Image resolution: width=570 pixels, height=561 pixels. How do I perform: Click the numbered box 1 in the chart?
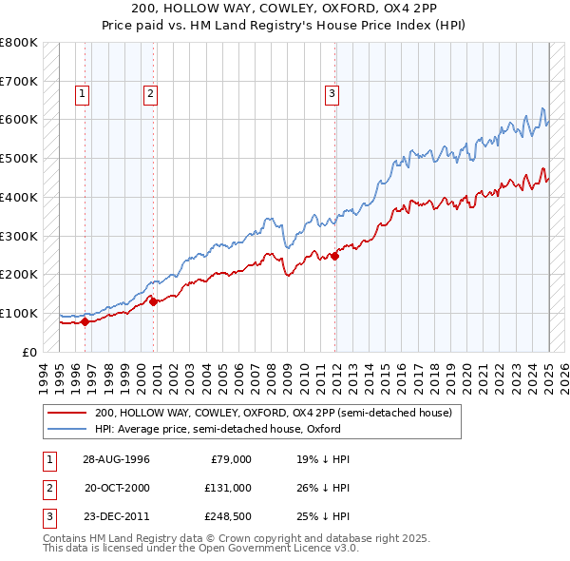tap(84, 93)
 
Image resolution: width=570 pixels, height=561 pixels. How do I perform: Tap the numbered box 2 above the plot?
tap(151, 93)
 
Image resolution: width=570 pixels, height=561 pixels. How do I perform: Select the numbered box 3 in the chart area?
tap(332, 93)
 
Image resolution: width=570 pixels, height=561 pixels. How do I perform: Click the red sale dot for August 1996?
tap(85, 321)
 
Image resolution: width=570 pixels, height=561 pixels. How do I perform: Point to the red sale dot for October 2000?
tap(153, 301)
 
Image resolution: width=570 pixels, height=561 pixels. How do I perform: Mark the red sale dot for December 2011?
tap(335, 255)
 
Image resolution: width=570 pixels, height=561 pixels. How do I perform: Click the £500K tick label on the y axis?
tap(19, 158)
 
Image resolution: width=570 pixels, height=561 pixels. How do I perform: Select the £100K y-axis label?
tap(19, 313)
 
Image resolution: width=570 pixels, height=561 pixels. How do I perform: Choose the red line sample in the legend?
tap(68, 413)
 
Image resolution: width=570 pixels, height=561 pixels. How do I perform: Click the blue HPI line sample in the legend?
tap(68, 429)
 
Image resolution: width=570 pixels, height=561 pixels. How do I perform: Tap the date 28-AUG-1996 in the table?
tap(116, 458)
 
